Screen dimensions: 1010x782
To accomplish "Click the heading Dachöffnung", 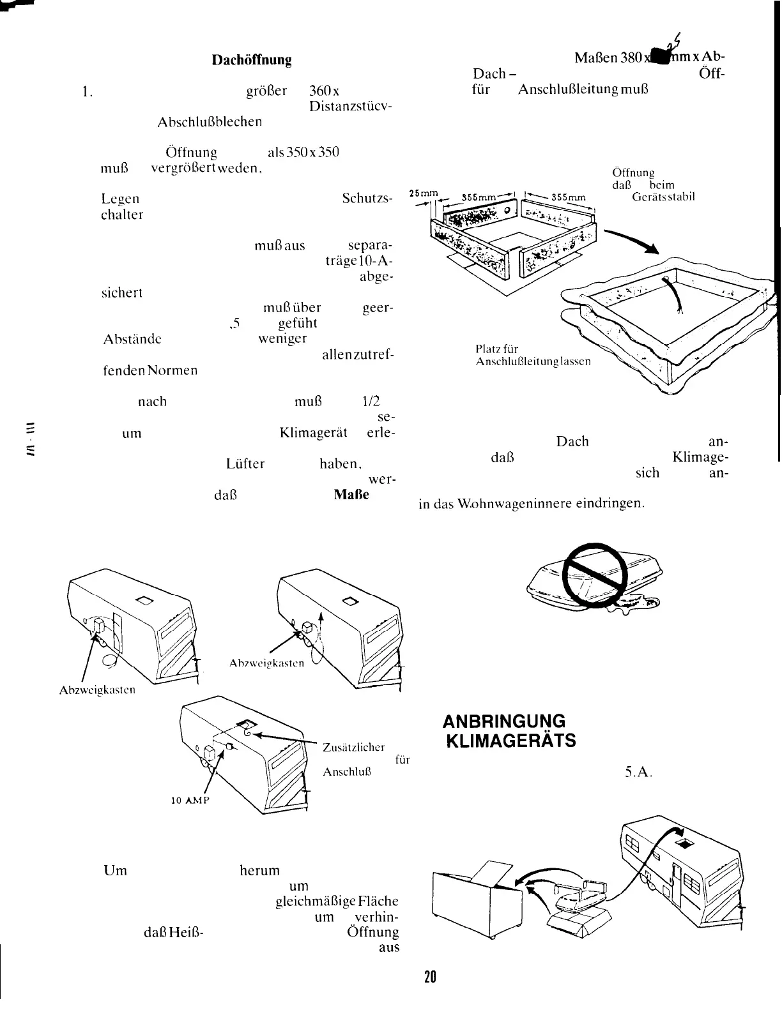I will [x=252, y=61].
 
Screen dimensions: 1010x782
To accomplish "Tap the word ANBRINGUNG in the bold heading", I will [x=504, y=721].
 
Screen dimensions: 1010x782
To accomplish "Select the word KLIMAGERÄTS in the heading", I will [x=514, y=741].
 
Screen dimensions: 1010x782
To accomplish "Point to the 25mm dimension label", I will [x=423, y=194].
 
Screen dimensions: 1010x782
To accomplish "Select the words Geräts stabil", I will [x=663, y=197].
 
